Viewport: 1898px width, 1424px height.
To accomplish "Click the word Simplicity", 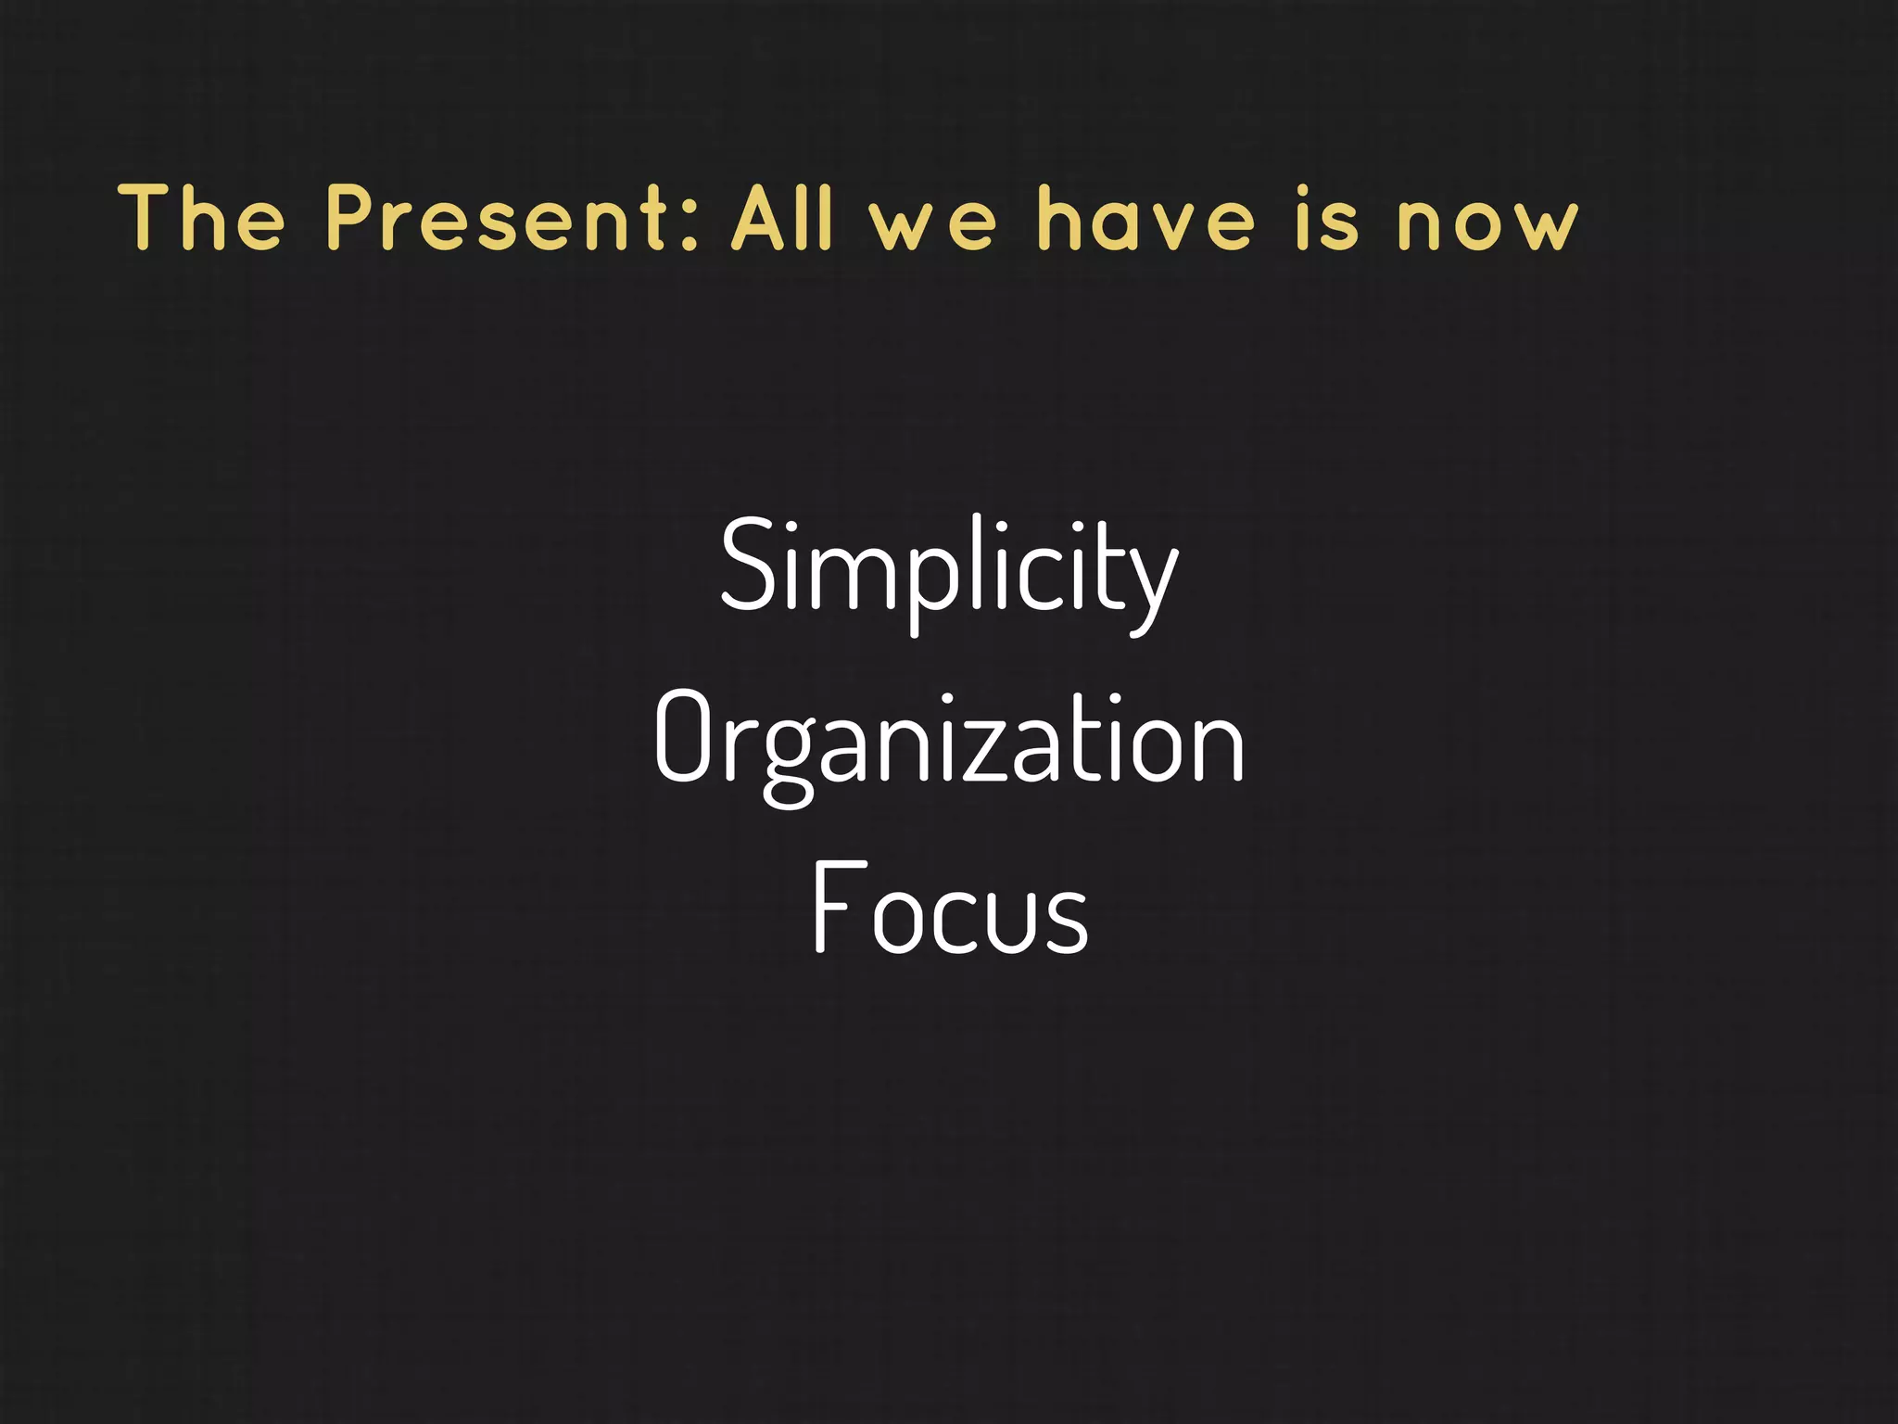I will coord(949,567).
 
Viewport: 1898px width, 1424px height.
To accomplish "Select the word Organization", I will coord(949,742).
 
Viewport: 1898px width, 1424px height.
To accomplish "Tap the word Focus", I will coord(949,909).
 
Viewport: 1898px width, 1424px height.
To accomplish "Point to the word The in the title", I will coord(202,219).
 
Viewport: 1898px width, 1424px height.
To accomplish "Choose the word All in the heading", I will coord(782,219).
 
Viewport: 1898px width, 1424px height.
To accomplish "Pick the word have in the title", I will coord(1145,219).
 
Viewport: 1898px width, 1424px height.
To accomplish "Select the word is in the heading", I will coord(1326,219).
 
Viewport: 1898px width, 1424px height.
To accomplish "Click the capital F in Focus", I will coord(834,907).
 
